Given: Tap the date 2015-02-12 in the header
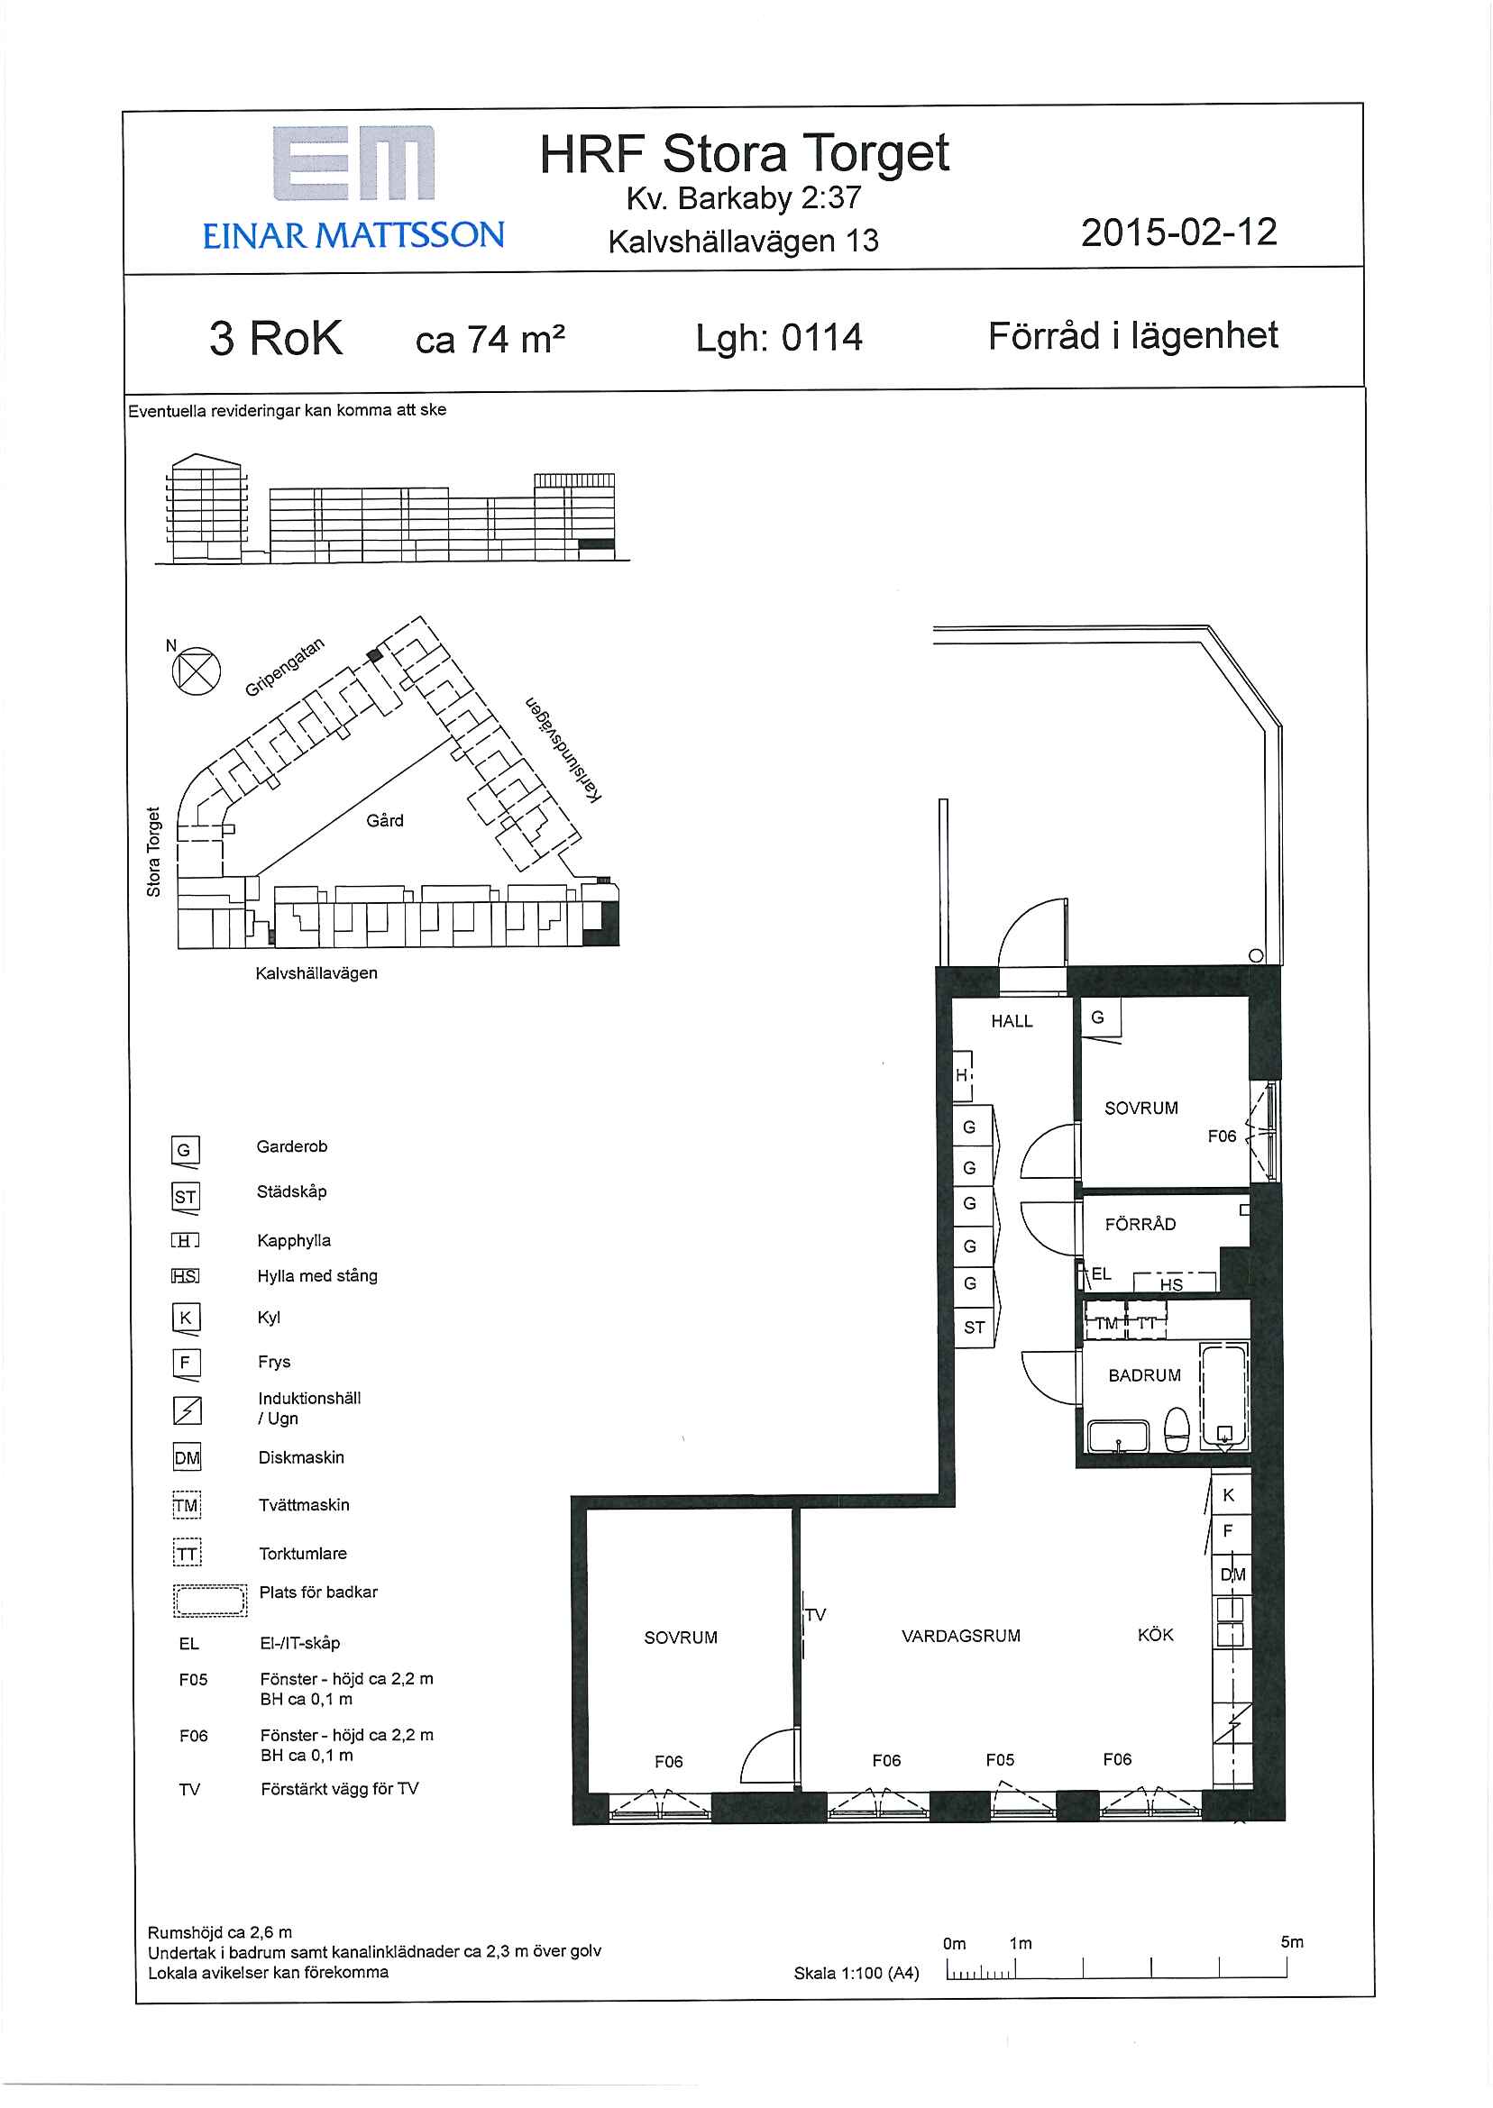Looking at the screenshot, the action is pos(1178,233).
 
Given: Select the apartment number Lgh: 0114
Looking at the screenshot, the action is pos(779,338).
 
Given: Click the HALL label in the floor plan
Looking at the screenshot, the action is pos(1012,1021).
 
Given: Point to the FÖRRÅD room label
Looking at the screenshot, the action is pos(1140,1223).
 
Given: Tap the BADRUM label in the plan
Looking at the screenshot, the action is pos(1145,1375).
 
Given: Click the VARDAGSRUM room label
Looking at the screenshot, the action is pos(961,1637).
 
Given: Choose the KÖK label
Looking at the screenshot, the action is pos(1156,1635).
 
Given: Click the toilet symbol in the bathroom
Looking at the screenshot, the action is pos(1177,1430).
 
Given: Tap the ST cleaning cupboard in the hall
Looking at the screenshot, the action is pos(974,1327).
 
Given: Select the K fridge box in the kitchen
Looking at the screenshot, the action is pos(1229,1495).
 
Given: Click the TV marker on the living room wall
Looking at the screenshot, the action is pos(815,1614).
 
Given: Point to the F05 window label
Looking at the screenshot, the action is pos(1000,1760).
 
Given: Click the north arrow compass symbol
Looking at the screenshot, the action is pos(196,670).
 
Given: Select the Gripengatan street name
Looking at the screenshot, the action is pos(285,667).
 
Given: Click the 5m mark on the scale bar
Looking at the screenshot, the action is pos(1292,1941).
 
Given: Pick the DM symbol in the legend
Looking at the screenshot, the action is pos(187,1456).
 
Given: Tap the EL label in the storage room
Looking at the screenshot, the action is pos(1102,1273).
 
